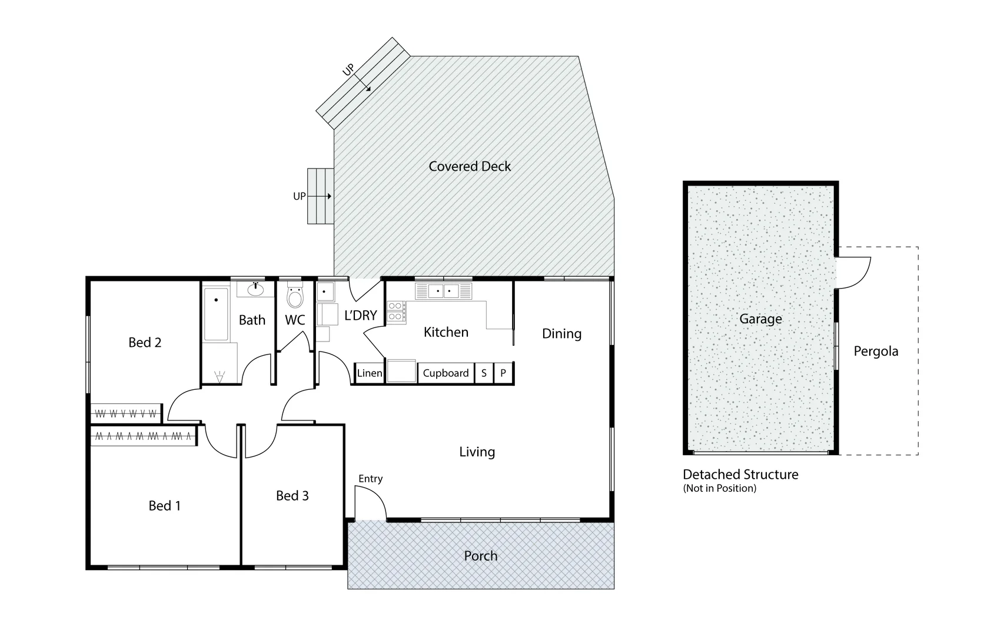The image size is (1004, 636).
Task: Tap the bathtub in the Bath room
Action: point(216,314)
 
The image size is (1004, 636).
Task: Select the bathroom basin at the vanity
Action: point(255,289)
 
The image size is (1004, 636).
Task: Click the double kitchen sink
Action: point(444,291)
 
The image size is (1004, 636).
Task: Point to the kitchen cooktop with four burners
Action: point(395,312)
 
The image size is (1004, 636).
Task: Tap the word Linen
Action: point(370,373)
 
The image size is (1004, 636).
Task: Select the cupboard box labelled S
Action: point(484,373)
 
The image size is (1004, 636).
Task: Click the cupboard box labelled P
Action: point(503,373)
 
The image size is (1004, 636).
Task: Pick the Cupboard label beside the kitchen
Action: point(446,373)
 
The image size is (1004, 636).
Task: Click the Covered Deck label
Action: point(470,167)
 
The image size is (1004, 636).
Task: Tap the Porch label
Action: point(480,556)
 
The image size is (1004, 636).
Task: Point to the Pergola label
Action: point(876,352)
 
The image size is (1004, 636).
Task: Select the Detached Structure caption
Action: point(740,475)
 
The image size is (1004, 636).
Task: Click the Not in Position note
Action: point(719,488)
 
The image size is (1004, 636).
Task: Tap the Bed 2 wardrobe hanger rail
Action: point(126,414)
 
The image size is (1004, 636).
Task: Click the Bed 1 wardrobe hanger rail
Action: point(144,436)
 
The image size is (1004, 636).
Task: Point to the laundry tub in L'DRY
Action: point(325,292)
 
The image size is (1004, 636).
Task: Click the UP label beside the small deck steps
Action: point(299,196)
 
